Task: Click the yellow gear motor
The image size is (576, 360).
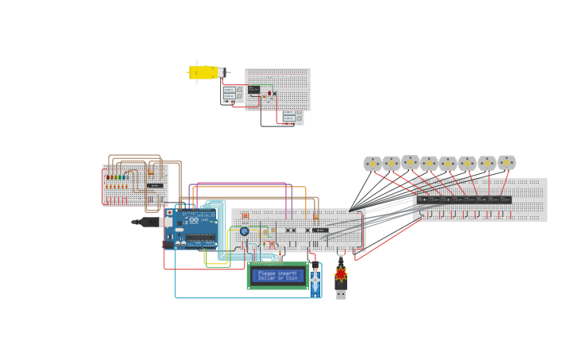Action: (203, 72)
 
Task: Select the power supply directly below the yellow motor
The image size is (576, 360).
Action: (232, 94)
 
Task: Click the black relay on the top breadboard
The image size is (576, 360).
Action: (253, 90)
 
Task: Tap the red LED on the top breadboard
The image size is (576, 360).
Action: (269, 93)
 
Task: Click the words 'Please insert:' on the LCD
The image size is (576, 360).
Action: (276, 273)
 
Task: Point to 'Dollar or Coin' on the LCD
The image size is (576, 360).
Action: (277, 278)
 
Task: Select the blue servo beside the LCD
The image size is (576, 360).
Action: (315, 279)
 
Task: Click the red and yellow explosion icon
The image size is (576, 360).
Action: (341, 274)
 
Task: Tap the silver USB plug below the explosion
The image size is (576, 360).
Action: (341, 293)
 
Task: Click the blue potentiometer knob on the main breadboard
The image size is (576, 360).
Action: (244, 231)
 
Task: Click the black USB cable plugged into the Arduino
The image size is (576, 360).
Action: (148, 223)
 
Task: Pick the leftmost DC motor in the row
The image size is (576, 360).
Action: (372, 164)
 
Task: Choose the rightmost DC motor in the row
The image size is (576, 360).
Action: (506, 162)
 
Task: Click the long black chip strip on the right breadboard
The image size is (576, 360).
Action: (464, 199)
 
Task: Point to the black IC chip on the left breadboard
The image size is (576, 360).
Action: (155, 186)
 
